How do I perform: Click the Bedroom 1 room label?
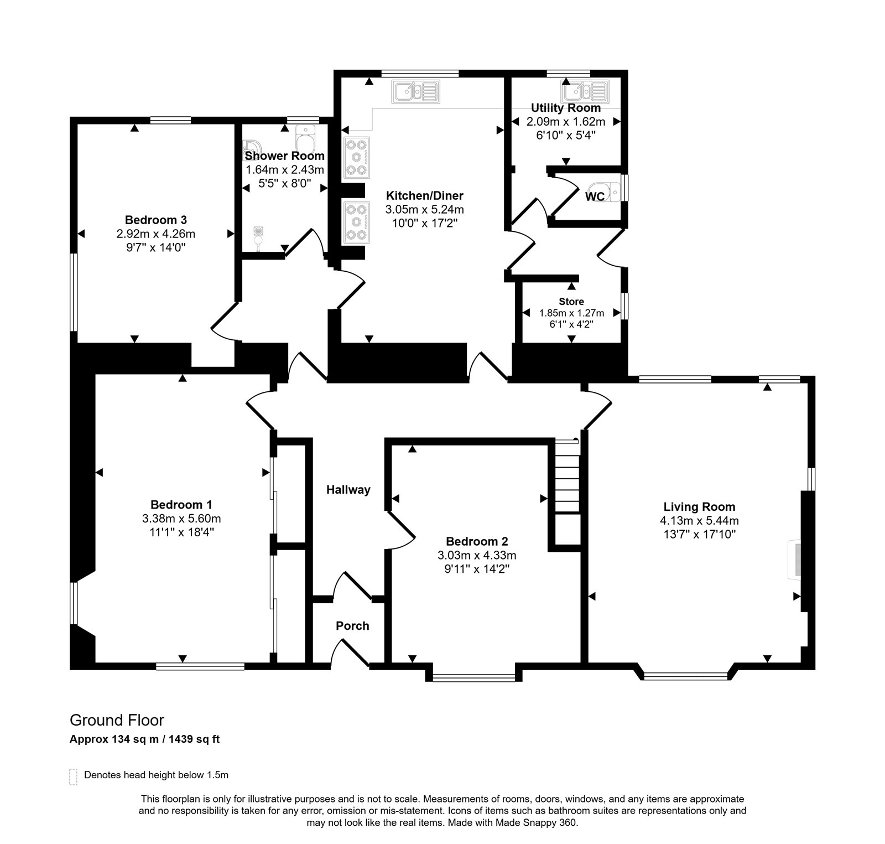click(181, 505)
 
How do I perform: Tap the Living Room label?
click(699, 506)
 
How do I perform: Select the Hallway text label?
click(348, 490)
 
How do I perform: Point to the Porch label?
click(352, 626)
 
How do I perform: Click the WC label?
click(595, 196)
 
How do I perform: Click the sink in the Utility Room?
click(586, 90)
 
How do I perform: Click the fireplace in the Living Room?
click(794, 560)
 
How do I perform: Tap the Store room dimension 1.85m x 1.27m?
click(571, 313)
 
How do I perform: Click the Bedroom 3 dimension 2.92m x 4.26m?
click(156, 234)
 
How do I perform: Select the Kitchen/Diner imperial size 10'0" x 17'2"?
click(424, 223)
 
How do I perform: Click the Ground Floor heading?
click(117, 720)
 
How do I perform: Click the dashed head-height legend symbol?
click(73, 776)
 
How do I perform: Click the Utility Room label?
click(565, 108)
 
